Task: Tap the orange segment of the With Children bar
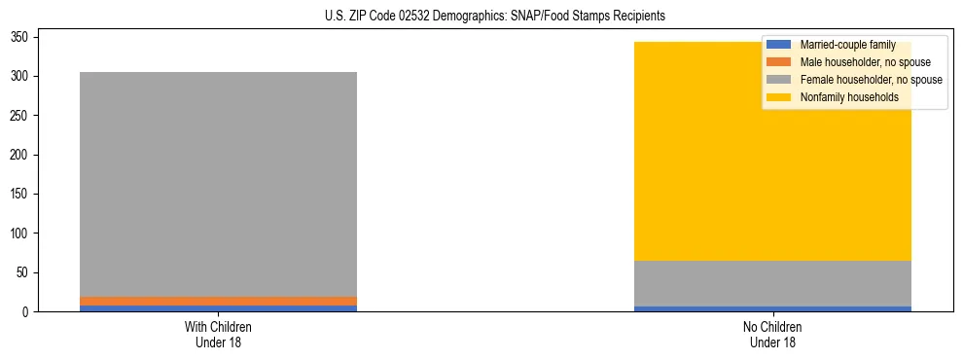[x=219, y=301]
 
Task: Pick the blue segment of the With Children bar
[x=219, y=308]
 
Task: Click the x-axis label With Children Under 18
[x=219, y=334]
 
